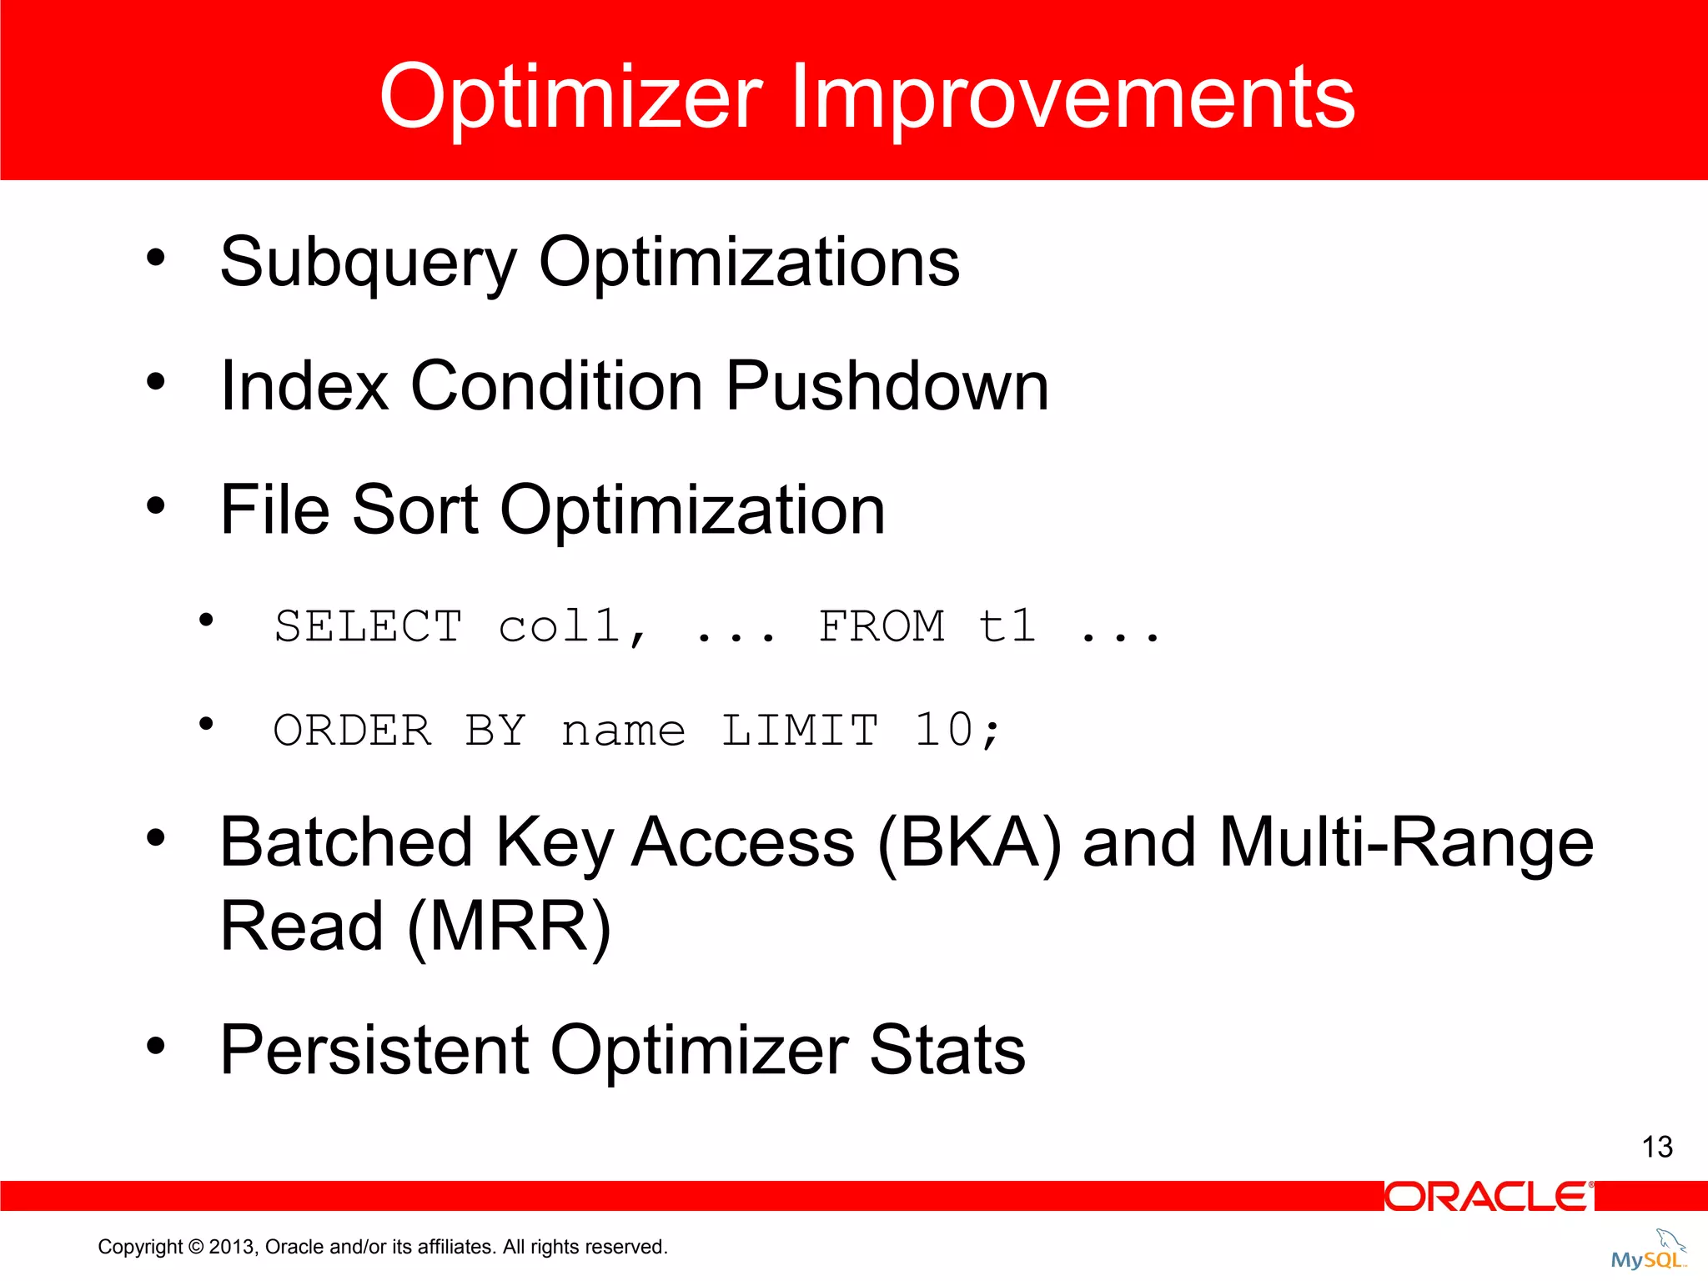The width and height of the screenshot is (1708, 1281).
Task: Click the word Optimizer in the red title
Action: [x=570, y=98]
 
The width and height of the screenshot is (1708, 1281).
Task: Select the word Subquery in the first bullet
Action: [x=368, y=263]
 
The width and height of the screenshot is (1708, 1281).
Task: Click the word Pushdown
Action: [x=887, y=386]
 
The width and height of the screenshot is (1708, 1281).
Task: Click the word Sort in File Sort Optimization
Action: [x=414, y=510]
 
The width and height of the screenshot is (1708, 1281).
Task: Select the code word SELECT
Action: [x=368, y=626]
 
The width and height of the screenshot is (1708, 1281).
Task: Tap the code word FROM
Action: [x=882, y=626]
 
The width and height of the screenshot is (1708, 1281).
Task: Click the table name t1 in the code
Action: [x=1007, y=626]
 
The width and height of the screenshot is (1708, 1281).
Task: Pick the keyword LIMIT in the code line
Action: [x=800, y=731]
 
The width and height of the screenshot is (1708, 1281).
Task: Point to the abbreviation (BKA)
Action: [x=970, y=843]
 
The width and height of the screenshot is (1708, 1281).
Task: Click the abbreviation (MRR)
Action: [x=509, y=927]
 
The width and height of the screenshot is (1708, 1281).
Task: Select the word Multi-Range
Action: [x=1406, y=843]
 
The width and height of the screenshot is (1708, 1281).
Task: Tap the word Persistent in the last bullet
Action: [x=374, y=1050]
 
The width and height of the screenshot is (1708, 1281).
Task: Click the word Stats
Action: [x=947, y=1050]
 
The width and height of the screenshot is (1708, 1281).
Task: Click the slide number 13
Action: [x=1657, y=1148]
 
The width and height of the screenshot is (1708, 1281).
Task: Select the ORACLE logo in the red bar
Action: [x=1489, y=1197]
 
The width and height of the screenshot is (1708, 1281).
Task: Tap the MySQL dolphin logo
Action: [x=1649, y=1251]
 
